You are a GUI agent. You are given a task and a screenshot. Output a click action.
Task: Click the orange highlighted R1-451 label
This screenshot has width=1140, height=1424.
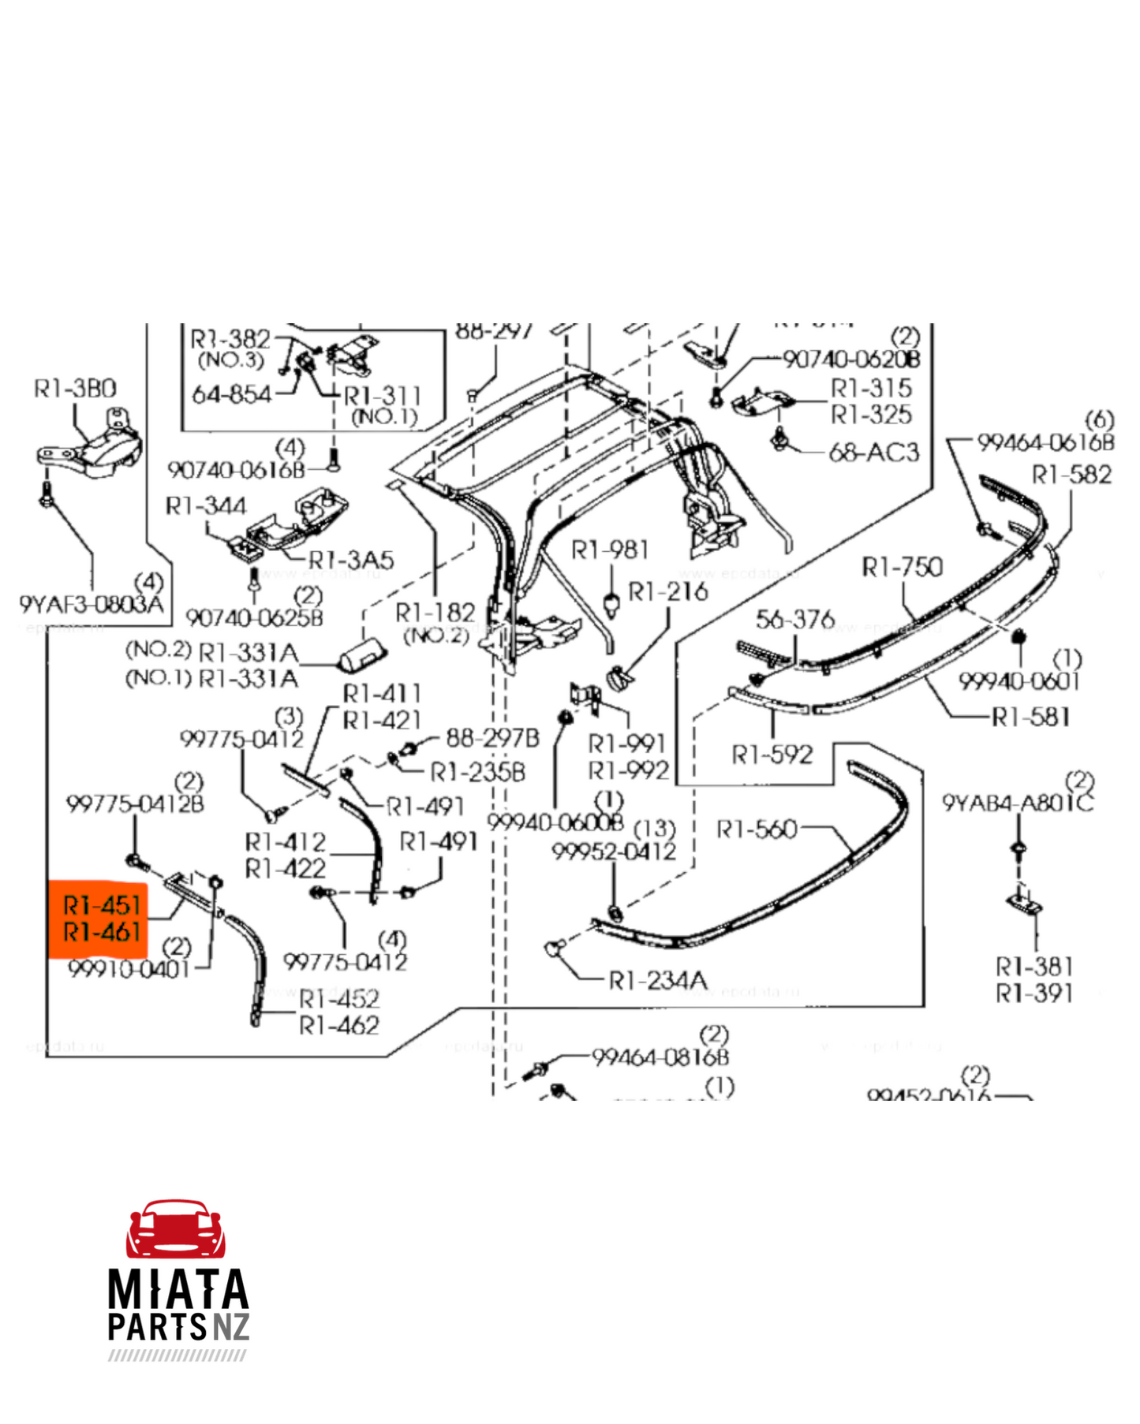point(101,905)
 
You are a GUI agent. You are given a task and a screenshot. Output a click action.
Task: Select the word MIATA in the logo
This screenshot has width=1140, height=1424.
point(178,1290)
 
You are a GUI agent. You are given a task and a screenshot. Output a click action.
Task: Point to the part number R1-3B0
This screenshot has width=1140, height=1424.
point(75,389)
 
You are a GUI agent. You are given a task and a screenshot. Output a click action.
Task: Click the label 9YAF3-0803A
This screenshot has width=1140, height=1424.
point(92,605)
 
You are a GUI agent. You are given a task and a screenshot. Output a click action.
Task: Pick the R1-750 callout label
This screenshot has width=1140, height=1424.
point(902,567)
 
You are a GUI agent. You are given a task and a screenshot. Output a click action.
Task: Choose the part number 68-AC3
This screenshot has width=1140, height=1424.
point(873,453)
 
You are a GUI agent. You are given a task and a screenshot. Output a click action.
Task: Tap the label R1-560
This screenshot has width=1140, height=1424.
point(757,829)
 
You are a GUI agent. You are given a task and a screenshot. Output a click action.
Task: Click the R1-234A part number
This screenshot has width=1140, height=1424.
point(658,980)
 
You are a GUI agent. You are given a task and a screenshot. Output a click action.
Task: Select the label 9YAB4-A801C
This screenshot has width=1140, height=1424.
point(1018,803)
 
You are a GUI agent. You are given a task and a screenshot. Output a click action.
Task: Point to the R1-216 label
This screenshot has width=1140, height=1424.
point(667,591)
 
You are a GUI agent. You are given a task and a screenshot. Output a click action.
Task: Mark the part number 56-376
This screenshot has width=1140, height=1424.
point(794,620)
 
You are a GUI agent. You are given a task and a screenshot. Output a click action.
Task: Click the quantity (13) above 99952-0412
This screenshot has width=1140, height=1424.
point(655,829)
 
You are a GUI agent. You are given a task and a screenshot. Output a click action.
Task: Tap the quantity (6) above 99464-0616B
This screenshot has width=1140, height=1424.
point(1099,419)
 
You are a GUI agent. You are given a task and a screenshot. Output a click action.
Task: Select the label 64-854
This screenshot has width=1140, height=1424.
point(232,394)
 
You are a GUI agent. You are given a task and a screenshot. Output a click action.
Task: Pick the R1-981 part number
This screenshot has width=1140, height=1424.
point(610,550)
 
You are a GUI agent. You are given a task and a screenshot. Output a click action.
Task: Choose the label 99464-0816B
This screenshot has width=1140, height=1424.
point(660,1057)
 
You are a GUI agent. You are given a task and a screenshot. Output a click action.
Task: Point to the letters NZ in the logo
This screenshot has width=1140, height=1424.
point(230,1328)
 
